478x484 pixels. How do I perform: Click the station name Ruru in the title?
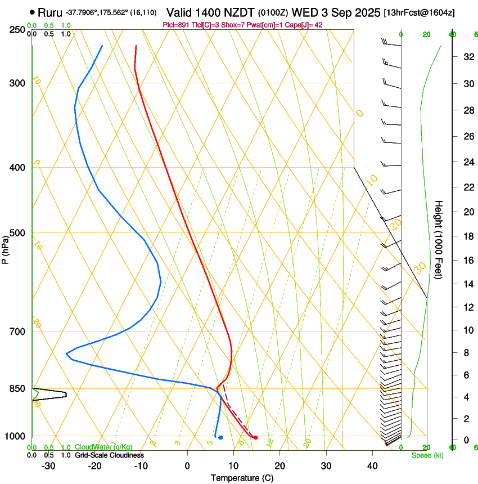[50, 12]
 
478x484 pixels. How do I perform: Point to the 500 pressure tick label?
[17, 233]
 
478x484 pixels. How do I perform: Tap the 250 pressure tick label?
[17, 29]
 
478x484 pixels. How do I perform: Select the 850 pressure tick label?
[17, 389]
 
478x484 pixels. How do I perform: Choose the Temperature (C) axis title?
[242, 478]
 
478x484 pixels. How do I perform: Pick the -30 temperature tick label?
[48, 466]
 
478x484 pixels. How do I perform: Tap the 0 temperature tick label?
[188, 466]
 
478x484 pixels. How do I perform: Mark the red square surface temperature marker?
[255, 437]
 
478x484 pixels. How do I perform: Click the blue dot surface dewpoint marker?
[220, 437]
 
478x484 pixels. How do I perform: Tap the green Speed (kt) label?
[427, 455]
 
